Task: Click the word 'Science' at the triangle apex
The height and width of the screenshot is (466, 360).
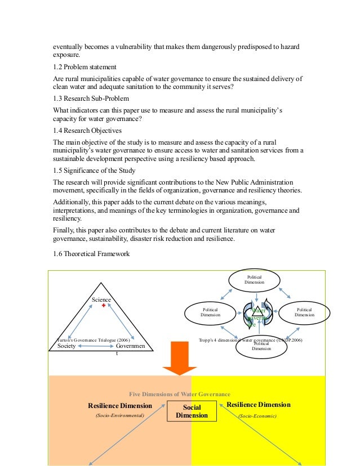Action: (x=101, y=300)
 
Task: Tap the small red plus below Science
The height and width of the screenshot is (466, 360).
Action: (x=104, y=307)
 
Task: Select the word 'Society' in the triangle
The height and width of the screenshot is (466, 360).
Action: (x=66, y=347)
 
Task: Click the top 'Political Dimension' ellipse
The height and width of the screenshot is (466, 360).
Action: (x=254, y=280)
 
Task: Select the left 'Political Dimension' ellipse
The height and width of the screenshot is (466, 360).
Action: (x=210, y=312)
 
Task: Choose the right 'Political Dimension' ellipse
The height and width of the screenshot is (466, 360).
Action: (x=304, y=312)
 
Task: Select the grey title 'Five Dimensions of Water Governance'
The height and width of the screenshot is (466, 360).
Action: (x=180, y=394)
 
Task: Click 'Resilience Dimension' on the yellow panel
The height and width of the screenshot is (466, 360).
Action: (x=258, y=405)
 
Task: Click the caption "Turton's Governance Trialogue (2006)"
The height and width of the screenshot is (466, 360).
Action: (x=94, y=340)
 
